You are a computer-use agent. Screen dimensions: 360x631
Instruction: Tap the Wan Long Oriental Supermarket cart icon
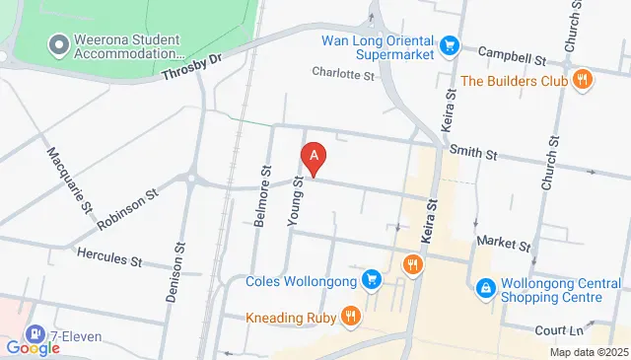[450, 44]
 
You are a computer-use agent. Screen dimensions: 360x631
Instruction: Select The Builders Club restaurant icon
[583, 80]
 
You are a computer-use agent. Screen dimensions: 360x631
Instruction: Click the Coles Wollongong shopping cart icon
[371, 280]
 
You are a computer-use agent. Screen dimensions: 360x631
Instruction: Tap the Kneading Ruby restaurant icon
[350, 316]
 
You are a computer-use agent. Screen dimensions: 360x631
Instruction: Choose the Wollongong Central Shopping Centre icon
[485, 288]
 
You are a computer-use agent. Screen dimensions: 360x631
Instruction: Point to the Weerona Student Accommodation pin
[56, 44]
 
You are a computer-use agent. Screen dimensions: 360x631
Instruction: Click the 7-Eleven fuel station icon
[36, 335]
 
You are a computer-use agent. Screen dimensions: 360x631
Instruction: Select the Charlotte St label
[344, 73]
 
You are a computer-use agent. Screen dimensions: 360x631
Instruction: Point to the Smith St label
[470, 153]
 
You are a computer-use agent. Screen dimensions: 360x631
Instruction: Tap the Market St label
[503, 243]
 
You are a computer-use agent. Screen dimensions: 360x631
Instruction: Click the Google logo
[34, 347]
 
